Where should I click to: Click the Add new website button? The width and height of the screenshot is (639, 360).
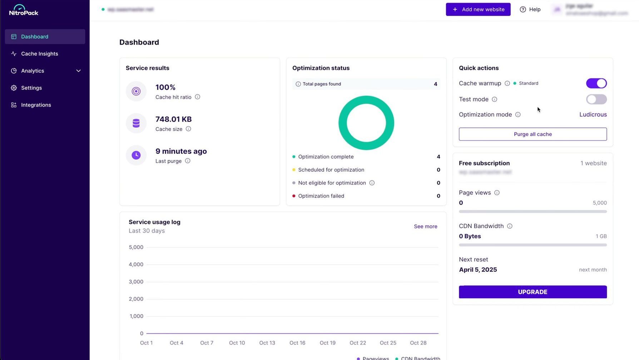[x=478, y=9]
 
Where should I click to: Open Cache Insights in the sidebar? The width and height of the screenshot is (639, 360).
[x=39, y=54]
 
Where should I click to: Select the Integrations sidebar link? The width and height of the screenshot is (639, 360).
[x=36, y=105]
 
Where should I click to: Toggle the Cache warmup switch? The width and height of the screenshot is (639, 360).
[x=596, y=83]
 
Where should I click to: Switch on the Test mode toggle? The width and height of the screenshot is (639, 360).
[x=596, y=99]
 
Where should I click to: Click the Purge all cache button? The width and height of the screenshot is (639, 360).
[x=532, y=134]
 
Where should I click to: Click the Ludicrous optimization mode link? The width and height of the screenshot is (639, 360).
[x=593, y=115]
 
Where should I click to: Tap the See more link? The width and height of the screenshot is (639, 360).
[x=425, y=226]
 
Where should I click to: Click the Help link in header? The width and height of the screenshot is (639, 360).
[x=530, y=9]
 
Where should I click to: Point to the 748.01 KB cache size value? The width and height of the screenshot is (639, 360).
[x=173, y=119]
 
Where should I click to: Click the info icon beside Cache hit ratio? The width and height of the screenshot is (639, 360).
[x=197, y=97]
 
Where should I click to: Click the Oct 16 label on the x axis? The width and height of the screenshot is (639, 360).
[x=297, y=343]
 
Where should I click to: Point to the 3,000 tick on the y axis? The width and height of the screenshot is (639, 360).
[x=136, y=282]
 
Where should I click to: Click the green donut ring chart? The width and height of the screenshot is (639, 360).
[x=366, y=100]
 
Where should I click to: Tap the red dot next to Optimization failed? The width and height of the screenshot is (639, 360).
[x=294, y=196]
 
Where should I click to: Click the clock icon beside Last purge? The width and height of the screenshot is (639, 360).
[x=136, y=155]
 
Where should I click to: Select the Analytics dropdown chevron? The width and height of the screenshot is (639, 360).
[x=78, y=71]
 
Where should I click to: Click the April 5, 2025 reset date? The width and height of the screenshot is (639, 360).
[x=478, y=270]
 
